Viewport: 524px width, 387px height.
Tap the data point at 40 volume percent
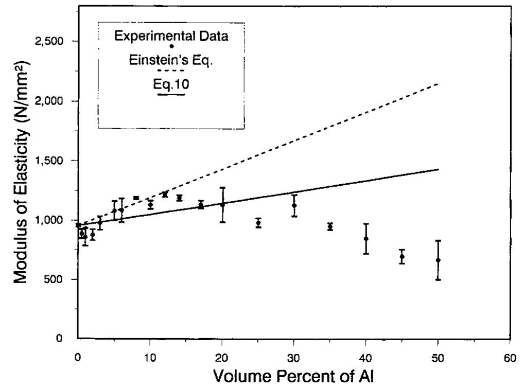(366, 239)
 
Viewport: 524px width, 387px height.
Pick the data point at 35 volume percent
(330, 226)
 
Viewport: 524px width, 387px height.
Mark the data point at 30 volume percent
(294, 205)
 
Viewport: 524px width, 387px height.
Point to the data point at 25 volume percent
(258, 223)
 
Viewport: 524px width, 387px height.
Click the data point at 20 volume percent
(222, 204)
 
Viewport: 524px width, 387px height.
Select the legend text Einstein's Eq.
(171, 60)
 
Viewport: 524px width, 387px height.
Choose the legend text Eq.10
(171, 84)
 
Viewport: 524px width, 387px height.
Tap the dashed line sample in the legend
(171, 71)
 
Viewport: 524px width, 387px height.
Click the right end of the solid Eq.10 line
(438, 169)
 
